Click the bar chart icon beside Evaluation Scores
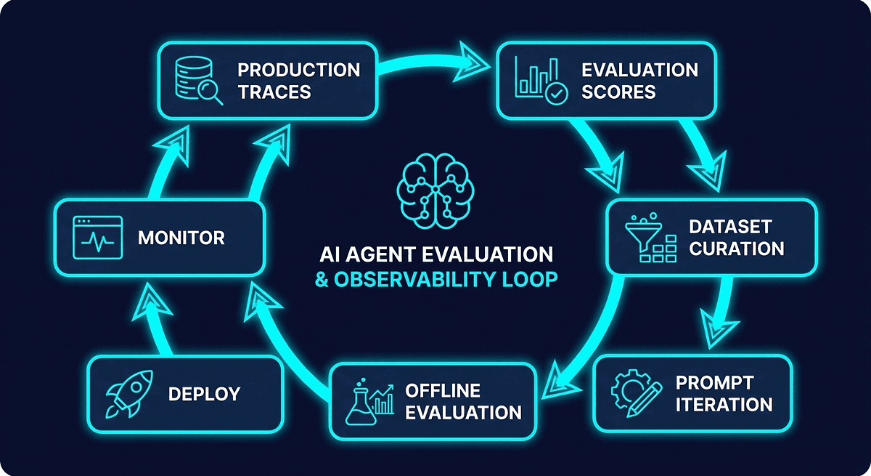(537, 80)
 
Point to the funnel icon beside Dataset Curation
(646, 237)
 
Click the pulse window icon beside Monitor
(95, 238)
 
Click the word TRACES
(274, 92)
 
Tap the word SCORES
(618, 92)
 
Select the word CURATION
(737, 249)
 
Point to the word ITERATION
(724, 405)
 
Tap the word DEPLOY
(204, 395)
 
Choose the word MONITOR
(181, 238)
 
